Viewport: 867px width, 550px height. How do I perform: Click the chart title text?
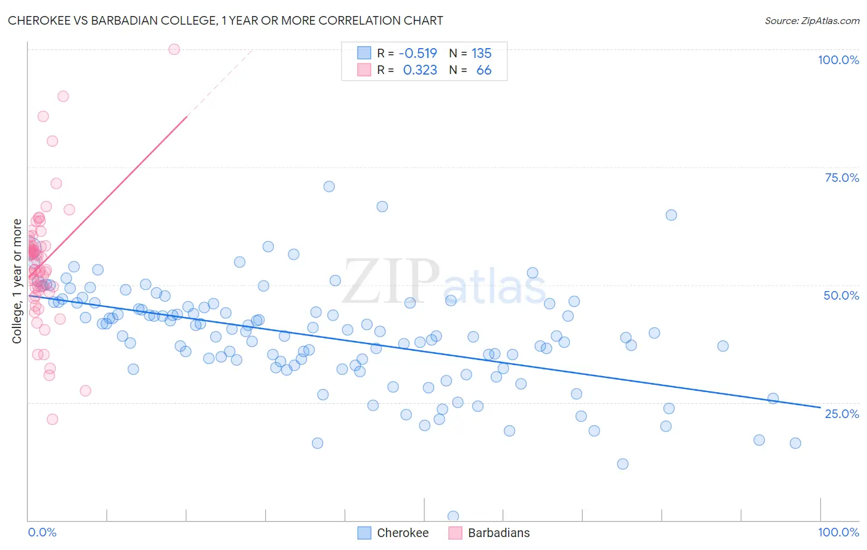pyautogui.click(x=225, y=20)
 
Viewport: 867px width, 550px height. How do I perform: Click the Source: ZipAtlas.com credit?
pyautogui.click(x=812, y=20)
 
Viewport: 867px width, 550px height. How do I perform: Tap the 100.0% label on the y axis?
pyautogui.click(x=838, y=60)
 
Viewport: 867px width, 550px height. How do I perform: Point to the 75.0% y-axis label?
pyautogui.click(x=842, y=178)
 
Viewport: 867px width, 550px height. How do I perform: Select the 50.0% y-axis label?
pyautogui.click(x=841, y=295)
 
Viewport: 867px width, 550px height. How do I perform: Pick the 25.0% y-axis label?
pyautogui.click(x=842, y=413)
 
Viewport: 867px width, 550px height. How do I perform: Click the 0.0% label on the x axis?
pyautogui.click(x=42, y=532)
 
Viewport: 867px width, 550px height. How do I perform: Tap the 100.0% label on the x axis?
pyautogui.click(x=838, y=532)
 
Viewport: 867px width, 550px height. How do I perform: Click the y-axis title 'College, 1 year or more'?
pyautogui.click(x=17, y=281)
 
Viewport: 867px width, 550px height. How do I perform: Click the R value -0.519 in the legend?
pyautogui.click(x=417, y=53)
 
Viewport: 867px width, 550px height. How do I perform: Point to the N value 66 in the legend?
pyautogui.click(x=483, y=70)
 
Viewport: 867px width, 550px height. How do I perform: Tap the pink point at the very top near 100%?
pyautogui.click(x=174, y=49)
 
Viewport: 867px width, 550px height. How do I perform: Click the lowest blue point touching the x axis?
pyautogui.click(x=453, y=516)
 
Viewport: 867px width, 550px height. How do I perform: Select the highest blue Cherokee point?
pyautogui.click(x=329, y=186)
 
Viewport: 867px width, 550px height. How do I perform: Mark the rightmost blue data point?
pyautogui.click(x=795, y=443)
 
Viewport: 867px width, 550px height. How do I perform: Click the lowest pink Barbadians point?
pyautogui.click(x=52, y=419)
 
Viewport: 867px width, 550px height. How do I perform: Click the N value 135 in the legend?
pyautogui.click(x=482, y=53)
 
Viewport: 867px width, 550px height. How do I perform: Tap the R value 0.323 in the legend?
pyautogui.click(x=420, y=70)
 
